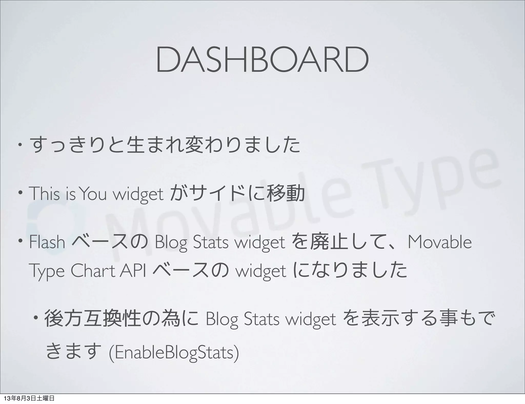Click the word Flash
(x=47, y=242)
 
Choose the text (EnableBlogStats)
(x=174, y=353)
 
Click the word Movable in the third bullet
(x=439, y=242)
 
